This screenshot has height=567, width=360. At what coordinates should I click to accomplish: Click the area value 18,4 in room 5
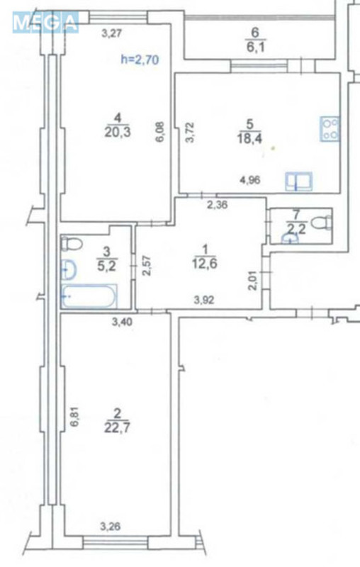tap(250, 140)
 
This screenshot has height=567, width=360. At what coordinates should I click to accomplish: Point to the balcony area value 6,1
tap(257, 43)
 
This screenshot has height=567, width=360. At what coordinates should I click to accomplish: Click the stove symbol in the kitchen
tap(330, 129)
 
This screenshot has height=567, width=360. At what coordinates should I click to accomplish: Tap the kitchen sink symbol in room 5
tap(298, 182)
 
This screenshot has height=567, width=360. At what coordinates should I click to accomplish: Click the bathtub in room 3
tap(88, 297)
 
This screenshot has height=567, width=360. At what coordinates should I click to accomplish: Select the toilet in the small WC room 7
tap(323, 222)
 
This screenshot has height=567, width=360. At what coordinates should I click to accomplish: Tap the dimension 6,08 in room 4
tap(160, 132)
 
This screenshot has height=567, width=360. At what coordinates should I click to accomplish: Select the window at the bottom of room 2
tap(114, 542)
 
